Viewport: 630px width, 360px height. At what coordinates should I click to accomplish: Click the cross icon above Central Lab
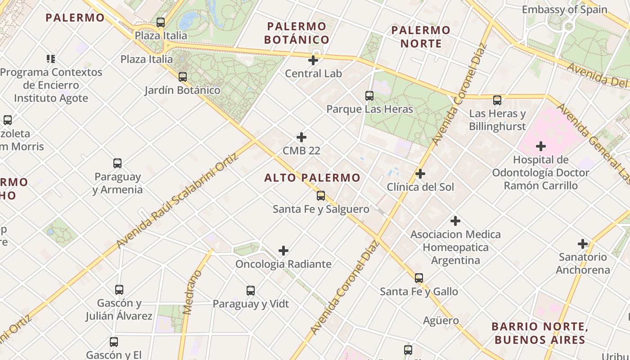tap(313, 60)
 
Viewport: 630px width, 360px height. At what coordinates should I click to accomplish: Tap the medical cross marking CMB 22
tap(301, 137)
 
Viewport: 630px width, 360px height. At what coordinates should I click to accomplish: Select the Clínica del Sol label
tap(420, 187)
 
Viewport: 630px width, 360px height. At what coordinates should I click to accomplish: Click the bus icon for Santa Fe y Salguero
tap(321, 196)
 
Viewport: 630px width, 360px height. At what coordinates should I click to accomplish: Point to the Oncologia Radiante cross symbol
tap(283, 251)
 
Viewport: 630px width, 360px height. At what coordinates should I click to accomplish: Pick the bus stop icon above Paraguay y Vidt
tap(251, 291)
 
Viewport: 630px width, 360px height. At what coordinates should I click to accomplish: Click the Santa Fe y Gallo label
tap(418, 292)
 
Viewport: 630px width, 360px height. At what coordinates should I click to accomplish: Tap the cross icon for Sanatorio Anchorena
tap(583, 244)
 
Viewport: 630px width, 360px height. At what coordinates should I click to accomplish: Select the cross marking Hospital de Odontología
tap(541, 146)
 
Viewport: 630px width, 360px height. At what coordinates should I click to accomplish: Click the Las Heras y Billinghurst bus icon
tap(497, 100)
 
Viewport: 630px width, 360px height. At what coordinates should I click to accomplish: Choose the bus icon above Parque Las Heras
tap(369, 96)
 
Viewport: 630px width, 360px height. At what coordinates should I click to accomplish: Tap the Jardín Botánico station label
tap(182, 90)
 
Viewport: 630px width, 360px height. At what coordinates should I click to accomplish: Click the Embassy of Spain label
tap(564, 9)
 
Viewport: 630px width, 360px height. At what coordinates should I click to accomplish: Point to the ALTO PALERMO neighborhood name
tap(312, 178)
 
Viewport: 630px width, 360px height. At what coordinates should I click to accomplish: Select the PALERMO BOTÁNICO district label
tap(297, 33)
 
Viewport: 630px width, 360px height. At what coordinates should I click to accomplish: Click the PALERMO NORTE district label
tap(421, 37)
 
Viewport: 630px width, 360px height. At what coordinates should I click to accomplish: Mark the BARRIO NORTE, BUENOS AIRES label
tap(540, 333)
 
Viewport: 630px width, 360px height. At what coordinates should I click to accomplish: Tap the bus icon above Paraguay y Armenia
tap(117, 163)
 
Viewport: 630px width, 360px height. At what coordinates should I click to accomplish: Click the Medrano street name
tap(193, 292)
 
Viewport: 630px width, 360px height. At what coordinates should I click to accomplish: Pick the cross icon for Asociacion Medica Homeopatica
tap(455, 221)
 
